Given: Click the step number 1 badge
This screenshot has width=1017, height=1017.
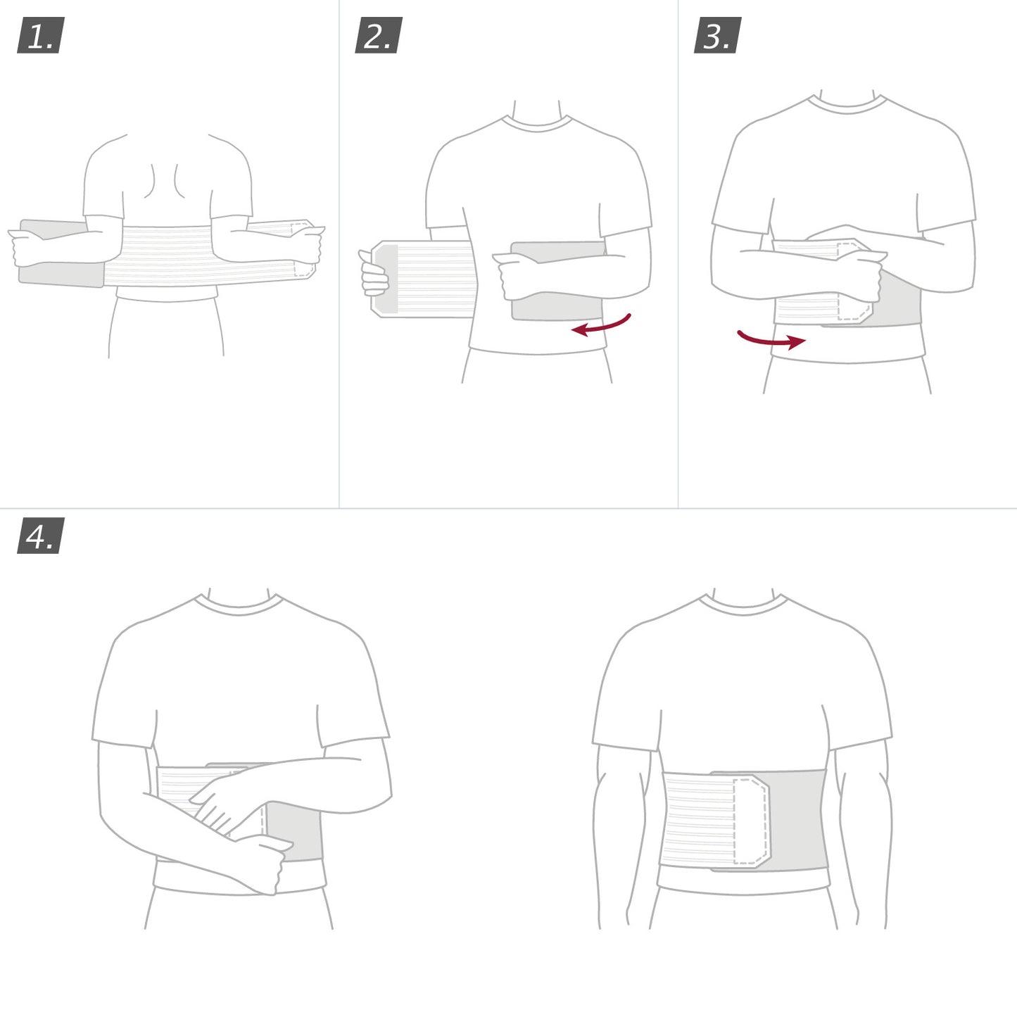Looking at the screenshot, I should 40,36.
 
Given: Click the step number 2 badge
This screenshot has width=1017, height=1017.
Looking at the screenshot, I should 379,36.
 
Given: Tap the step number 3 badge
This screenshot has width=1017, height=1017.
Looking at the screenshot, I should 717,36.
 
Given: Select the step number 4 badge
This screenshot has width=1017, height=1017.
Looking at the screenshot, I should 40,536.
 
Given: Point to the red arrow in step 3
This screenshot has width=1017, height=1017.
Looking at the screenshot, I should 771,340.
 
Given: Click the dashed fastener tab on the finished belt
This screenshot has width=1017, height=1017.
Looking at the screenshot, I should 750,821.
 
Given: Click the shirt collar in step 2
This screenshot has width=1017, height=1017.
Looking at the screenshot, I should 537,124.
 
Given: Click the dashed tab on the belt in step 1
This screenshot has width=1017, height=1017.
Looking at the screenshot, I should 303,249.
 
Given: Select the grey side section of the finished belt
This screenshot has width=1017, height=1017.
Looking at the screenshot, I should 799,820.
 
